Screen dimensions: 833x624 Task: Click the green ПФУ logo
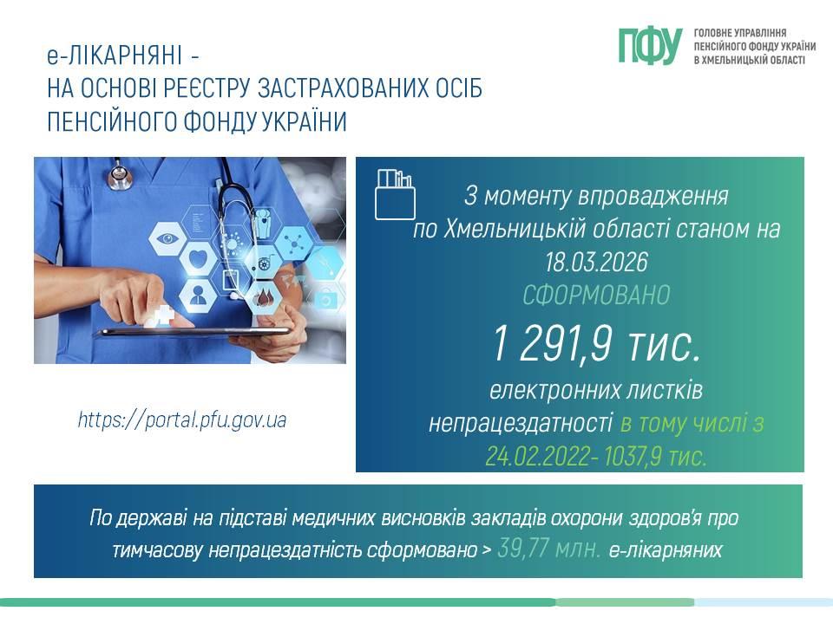pyautogui.click(x=650, y=46)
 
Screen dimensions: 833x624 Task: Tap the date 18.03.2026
pyautogui.click(x=596, y=262)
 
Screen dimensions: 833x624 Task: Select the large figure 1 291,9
pyautogui.click(x=553, y=344)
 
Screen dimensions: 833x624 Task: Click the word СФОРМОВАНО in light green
pyautogui.click(x=596, y=295)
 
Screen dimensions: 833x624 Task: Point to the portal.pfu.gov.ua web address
pyautogui.click(x=182, y=419)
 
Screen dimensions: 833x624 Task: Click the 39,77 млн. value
pyautogui.click(x=549, y=549)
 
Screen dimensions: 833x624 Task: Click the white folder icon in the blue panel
pyautogui.click(x=395, y=194)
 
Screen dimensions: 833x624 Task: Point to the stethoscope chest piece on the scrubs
pyautogui.click(x=120, y=176)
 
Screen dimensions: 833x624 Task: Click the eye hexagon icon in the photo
pyautogui.click(x=167, y=238)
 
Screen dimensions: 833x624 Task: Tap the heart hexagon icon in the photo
pyautogui.click(x=198, y=259)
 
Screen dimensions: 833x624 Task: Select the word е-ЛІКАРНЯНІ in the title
pyautogui.click(x=115, y=55)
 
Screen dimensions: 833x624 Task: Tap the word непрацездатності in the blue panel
pyautogui.click(x=521, y=424)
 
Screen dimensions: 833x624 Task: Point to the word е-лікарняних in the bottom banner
pyautogui.click(x=666, y=549)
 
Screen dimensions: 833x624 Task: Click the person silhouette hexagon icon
pyautogui.click(x=198, y=295)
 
